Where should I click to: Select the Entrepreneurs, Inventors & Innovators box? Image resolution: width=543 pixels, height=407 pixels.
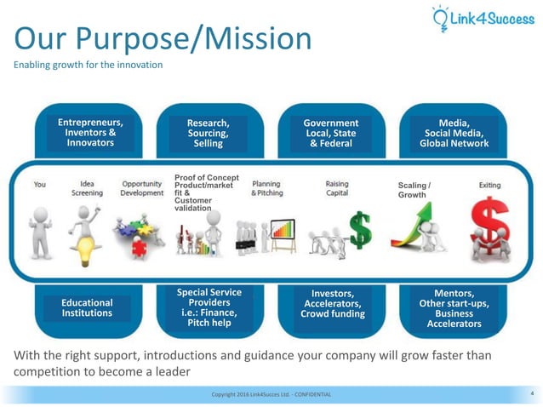point(85,133)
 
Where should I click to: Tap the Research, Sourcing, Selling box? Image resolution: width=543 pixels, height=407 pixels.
point(208,133)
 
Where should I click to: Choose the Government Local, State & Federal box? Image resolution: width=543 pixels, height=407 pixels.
point(331,133)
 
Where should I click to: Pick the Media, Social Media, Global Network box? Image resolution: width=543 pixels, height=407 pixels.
point(454,133)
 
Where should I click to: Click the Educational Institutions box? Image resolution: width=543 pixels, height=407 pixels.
point(87,307)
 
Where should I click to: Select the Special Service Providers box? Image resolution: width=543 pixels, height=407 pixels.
point(209,307)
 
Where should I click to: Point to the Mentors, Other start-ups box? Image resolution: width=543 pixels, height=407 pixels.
point(454,307)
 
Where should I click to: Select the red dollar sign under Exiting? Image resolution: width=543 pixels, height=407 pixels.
point(489,227)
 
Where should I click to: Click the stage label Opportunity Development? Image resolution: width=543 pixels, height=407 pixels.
point(142,188)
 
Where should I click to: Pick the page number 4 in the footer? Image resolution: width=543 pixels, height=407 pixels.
point(531,393)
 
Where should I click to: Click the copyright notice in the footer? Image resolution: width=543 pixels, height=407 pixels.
point(271,394)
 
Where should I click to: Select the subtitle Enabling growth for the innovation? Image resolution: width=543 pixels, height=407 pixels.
point(88,66)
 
